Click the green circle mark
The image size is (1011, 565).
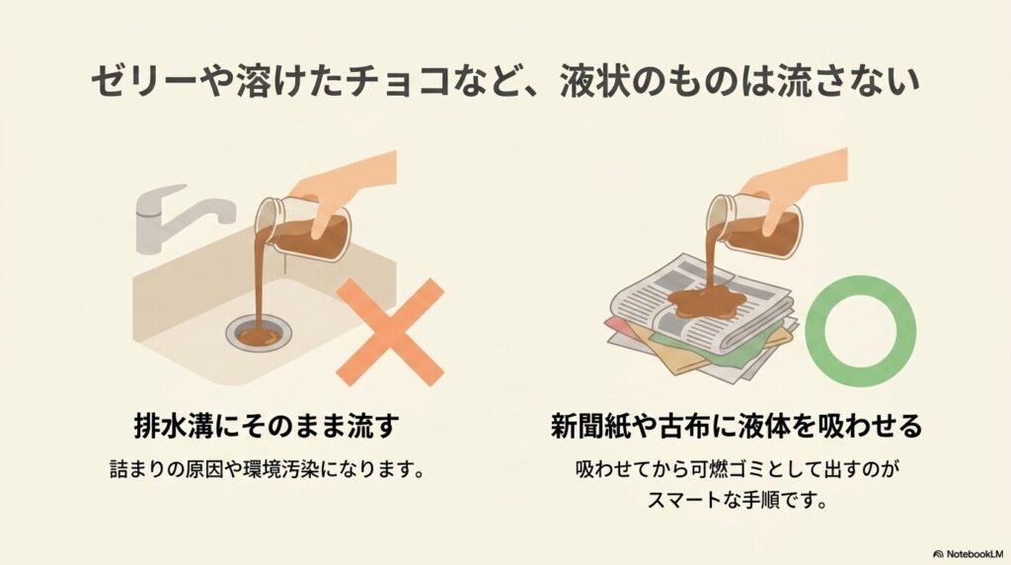point(860,330)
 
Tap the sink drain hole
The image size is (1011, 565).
point(259,336)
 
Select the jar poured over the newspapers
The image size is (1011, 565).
point(756,225)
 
